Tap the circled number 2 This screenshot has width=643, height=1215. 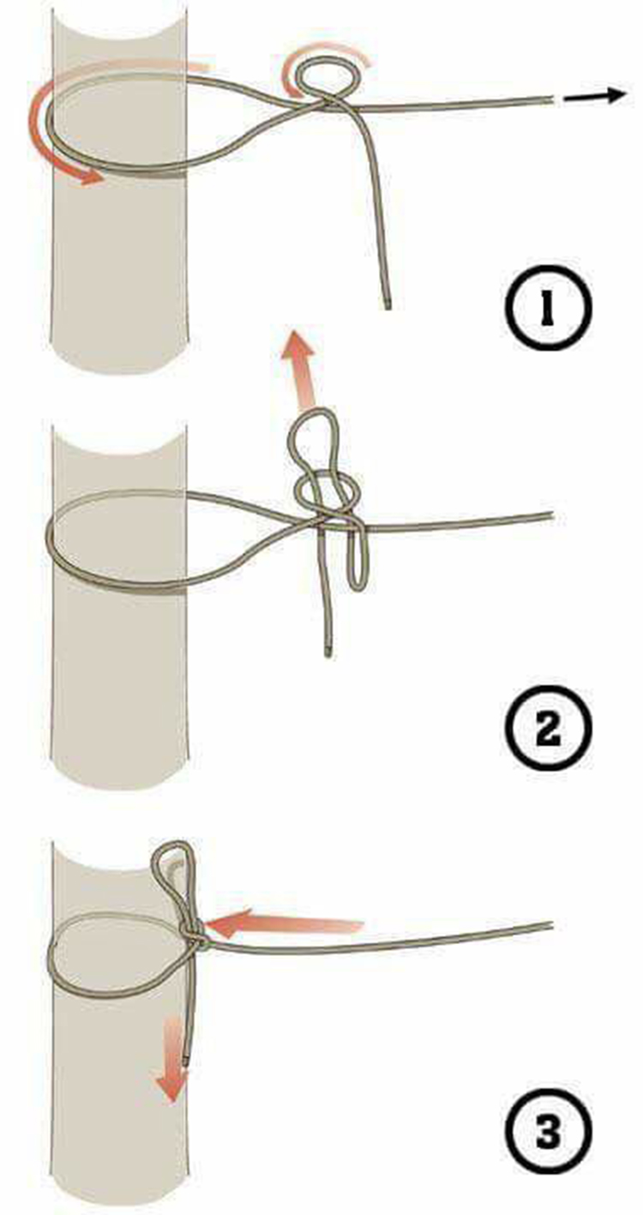547,729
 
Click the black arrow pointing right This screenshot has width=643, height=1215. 595,96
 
